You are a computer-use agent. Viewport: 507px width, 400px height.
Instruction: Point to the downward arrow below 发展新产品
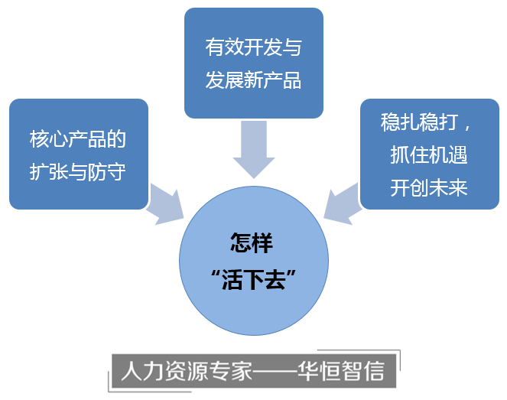[253, 148]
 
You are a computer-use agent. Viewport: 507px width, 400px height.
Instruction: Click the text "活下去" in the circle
[252, 279]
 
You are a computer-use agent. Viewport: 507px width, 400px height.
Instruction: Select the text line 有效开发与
[253, 47]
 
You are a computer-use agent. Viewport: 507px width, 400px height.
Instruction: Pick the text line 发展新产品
[253, 80]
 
